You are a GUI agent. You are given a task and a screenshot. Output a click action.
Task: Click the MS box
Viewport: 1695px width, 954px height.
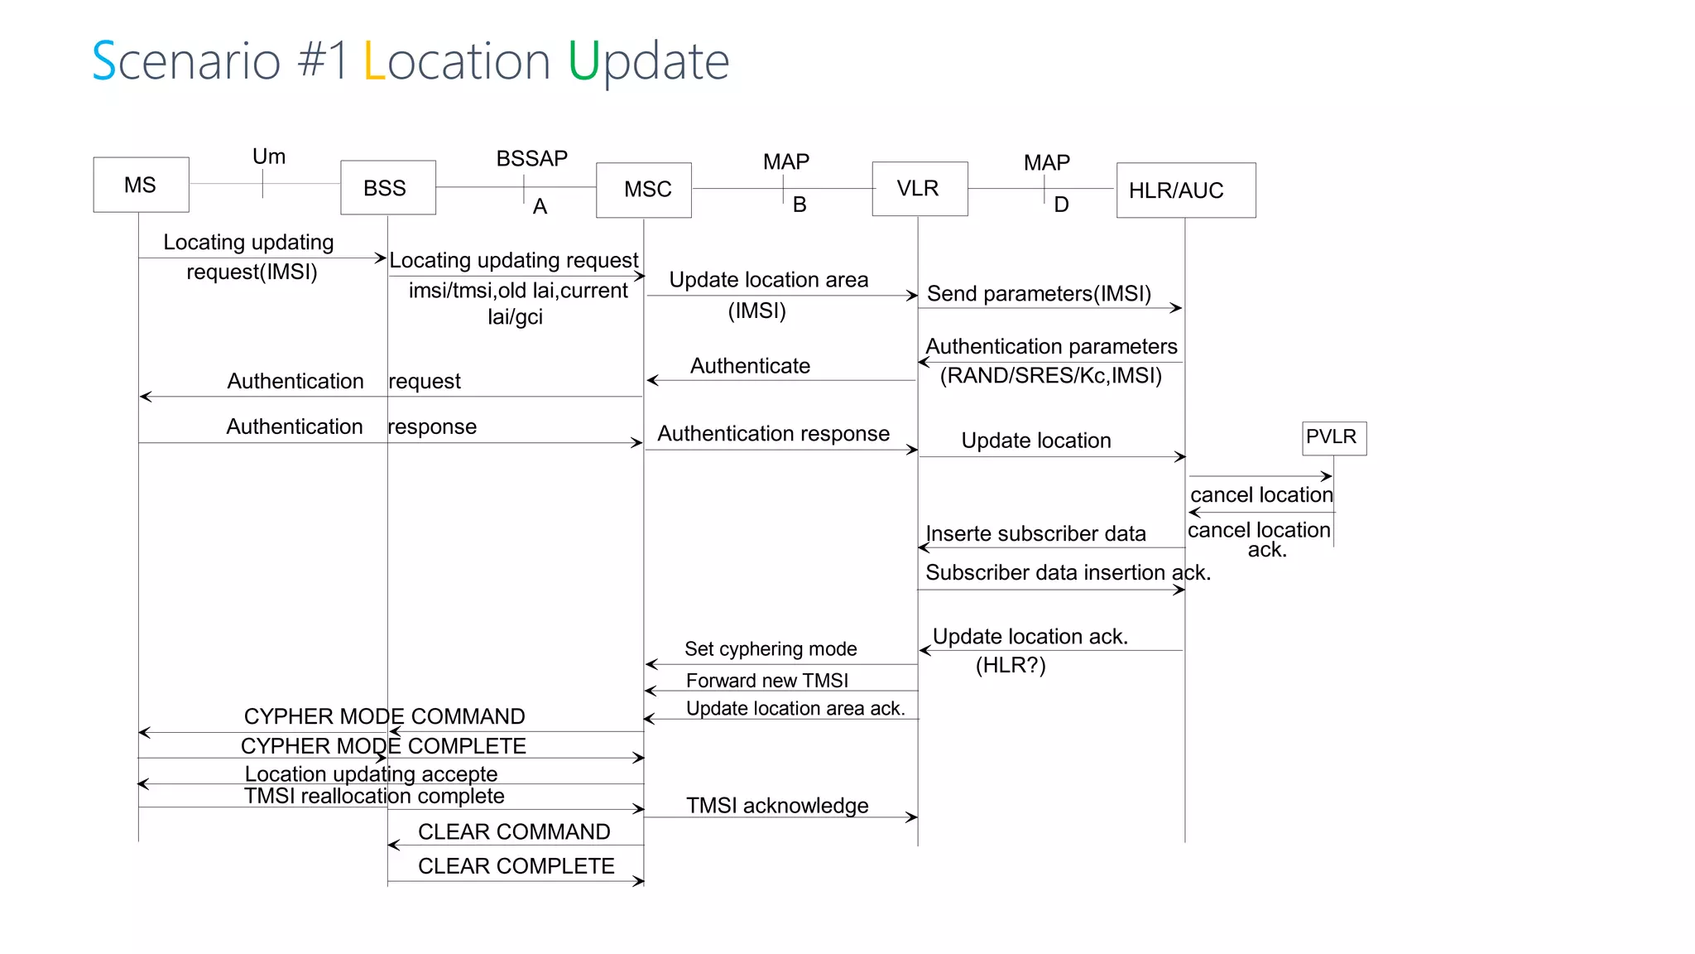141,185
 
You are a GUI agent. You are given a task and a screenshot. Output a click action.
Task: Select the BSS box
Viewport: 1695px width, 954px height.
387,188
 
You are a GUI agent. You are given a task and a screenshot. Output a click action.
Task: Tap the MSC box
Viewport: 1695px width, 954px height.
644,190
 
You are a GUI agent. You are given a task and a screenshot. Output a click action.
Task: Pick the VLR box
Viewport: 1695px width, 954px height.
920,189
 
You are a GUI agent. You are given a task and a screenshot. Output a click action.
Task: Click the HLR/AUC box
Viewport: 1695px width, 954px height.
1185,190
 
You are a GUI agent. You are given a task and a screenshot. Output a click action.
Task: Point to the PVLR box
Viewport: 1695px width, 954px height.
1333,437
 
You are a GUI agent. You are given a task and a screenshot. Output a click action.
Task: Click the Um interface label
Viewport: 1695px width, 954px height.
269,157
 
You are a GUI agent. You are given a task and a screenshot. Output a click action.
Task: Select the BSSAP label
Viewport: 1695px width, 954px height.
531,158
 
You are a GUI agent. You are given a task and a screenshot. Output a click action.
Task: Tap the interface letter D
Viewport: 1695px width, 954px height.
1061,205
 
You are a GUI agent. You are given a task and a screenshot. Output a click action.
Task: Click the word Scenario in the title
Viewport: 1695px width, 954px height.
186,61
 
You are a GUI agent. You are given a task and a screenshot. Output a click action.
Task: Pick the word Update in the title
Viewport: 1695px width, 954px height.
648,61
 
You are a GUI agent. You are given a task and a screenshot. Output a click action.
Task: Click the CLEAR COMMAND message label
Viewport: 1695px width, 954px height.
514,831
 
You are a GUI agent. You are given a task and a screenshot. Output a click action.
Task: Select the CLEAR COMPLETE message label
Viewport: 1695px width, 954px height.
516,866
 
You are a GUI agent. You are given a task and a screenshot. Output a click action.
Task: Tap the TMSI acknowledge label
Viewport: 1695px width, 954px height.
777,806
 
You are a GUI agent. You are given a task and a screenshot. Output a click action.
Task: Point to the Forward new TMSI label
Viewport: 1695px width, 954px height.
767,681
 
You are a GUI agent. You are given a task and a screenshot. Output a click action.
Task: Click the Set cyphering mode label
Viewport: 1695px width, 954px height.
771,649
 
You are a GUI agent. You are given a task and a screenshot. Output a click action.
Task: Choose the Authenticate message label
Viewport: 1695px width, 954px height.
750,366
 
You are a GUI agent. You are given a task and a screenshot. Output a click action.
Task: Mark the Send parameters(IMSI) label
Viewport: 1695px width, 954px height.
1039,294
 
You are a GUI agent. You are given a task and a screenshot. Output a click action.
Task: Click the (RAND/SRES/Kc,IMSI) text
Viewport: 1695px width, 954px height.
1051,376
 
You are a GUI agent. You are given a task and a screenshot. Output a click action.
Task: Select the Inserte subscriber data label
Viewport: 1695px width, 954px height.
1035,534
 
